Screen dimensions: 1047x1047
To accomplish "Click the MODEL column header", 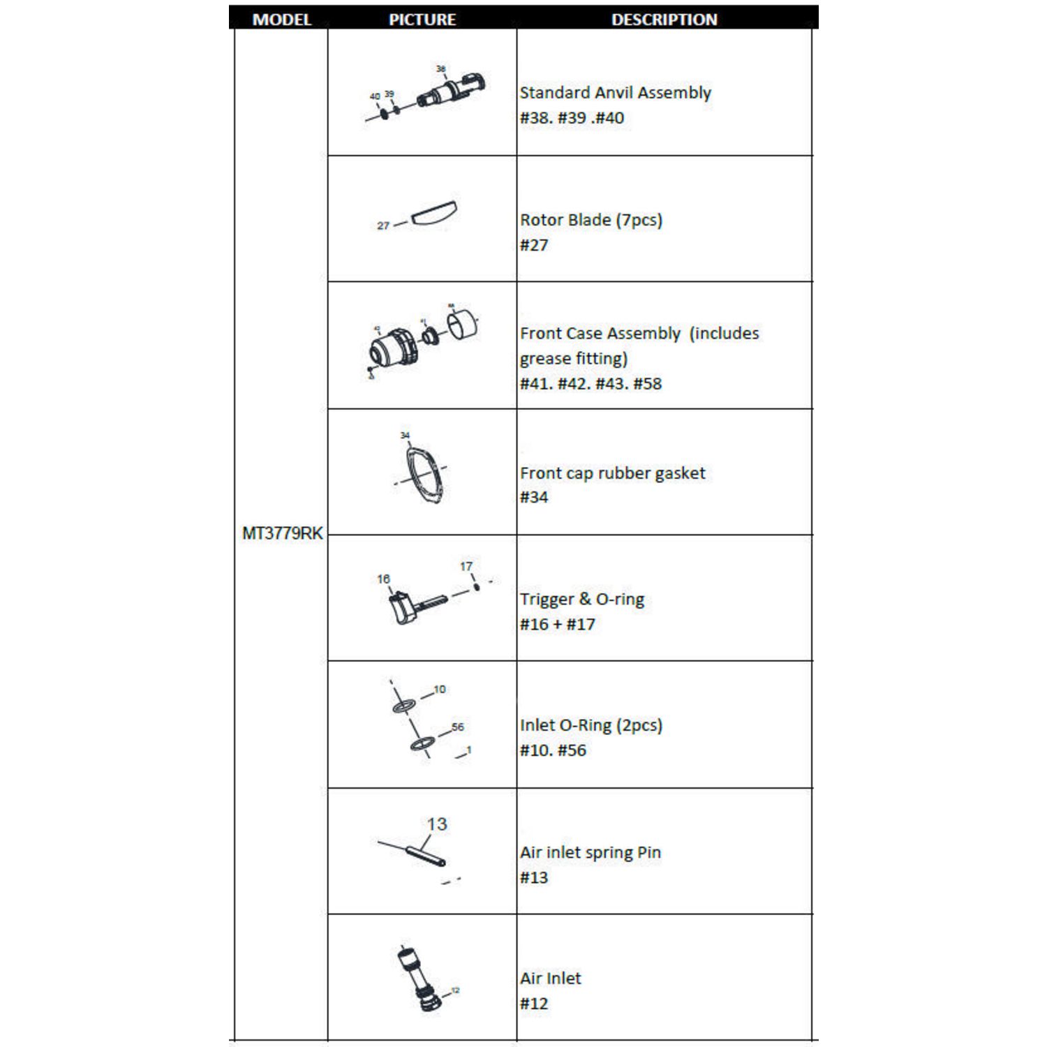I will point(281,19).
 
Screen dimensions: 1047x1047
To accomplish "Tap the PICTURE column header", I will point(422,19).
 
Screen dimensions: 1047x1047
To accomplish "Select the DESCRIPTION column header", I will point(664,19).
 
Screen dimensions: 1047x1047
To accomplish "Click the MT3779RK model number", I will point(282,533).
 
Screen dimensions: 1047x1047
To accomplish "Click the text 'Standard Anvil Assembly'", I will point(615,93).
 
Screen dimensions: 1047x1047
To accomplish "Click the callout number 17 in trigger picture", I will point(466,567).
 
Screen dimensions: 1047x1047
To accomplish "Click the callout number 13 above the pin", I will point(437,824).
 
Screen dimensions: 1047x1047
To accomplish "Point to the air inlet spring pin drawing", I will point(426,854).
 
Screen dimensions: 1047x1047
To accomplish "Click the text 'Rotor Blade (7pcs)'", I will point(591,220).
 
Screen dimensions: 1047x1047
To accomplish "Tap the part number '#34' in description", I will point(534,497).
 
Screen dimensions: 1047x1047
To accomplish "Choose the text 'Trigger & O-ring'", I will point(581,599).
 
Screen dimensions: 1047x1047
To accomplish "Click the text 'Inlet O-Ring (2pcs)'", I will point(591,725).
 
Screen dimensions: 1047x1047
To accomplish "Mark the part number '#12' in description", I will point(534,1004).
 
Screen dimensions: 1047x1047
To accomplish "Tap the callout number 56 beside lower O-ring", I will point(458,727).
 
